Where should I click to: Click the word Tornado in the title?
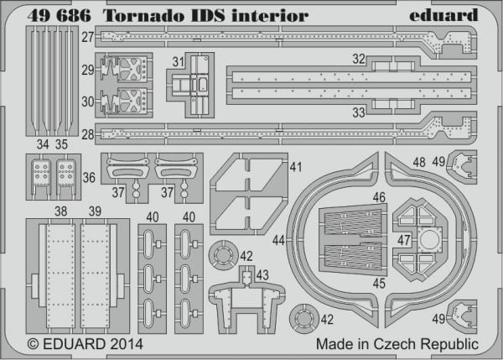tap(144, 16)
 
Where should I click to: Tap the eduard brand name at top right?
tap(443, 15)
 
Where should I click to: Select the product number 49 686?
tap(59, 16)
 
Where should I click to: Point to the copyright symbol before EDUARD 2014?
tap(34, 344)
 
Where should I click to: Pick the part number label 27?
tap(87, 37)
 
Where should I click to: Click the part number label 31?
tap(179, 62)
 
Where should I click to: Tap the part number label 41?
tap(296, 167)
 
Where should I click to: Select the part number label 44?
tap(278, 240)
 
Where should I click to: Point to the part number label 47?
tap(404, 240)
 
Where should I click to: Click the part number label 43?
tap(262, 275)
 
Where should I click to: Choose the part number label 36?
tap(89, 178)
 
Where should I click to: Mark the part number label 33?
tap(359, 112)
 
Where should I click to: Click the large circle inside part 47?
tap(429, 239)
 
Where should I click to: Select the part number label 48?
tap(419, 163)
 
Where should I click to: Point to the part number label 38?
tap(61, 211)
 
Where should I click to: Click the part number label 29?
tap(87, 70)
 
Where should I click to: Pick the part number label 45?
tap(379, 284)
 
